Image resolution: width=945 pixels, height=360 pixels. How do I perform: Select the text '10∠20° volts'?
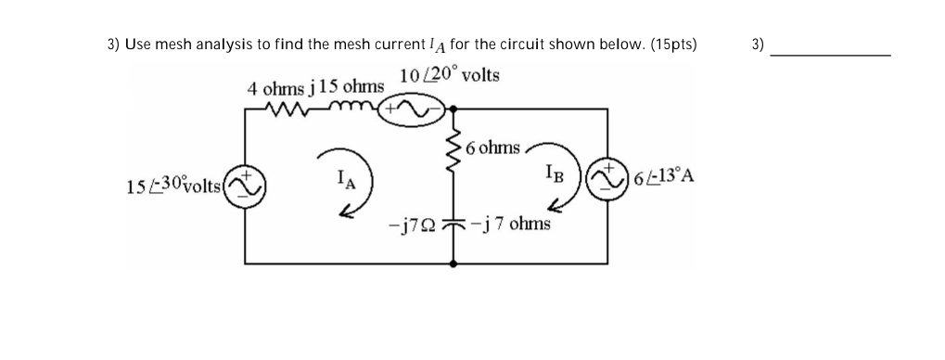click(449, 74)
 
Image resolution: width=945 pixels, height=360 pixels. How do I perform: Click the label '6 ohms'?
click(493, 148)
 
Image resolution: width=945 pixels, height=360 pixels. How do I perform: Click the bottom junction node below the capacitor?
click(453, 264)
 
